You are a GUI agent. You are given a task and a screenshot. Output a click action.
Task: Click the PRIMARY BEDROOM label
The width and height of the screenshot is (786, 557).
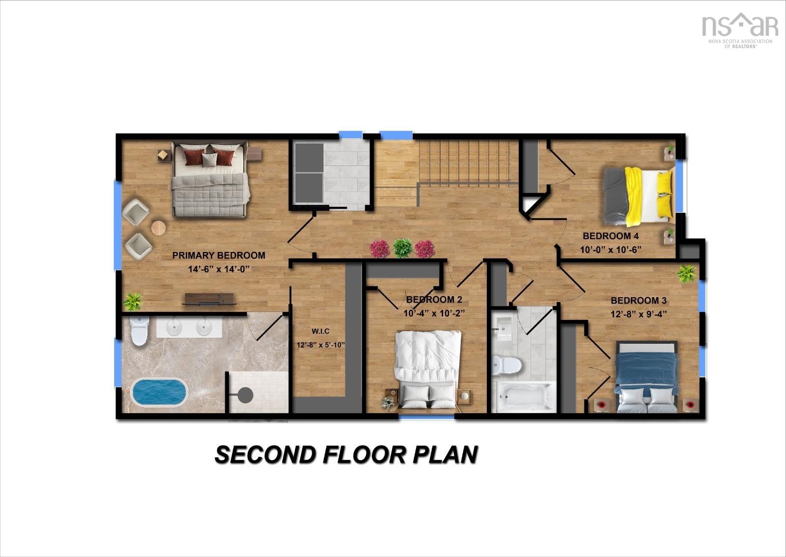pyautogui.click(x=219, y=255)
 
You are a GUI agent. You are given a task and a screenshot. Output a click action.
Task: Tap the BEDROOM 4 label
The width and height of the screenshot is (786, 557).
pyautogui.click(x=611, y=236)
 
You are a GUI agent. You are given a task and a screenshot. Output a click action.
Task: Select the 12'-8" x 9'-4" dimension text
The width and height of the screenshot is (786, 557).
pyautogui.click(x=639, y=314)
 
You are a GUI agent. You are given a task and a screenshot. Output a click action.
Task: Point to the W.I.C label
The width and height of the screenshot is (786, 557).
pyautogui.click(x=320, y=331)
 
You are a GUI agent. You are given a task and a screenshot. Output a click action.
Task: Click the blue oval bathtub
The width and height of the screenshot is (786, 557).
pyautogui.click(x=159, y=392)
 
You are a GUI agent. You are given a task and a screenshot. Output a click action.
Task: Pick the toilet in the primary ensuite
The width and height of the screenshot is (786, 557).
pyautogui.click(x=140, y=331)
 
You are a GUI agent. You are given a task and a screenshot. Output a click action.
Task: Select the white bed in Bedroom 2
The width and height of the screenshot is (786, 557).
pyautogui.click(x=428, y=370)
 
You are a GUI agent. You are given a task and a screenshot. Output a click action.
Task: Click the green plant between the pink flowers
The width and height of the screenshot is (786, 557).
pyautogui.click(x=402, y=248)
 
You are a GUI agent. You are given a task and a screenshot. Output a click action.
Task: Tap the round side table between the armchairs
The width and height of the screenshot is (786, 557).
pyautogui.click(x=158, y=228)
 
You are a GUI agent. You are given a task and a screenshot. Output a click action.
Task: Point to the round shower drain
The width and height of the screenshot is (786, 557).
pyautogui.click(x=246, y=395)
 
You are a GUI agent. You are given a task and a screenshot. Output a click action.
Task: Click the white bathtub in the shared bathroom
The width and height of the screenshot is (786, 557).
pyautogui.click(x=524, y=397)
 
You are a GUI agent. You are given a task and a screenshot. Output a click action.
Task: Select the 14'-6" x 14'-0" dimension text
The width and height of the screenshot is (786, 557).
pyautogui.click(x=219, y=269)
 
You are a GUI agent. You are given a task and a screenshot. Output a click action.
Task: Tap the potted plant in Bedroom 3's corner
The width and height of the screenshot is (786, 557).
pyautogui.click(x=686, y=274)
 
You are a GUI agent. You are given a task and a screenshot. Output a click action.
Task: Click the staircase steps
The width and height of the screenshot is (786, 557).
pyautogui.click(x=469, y=161)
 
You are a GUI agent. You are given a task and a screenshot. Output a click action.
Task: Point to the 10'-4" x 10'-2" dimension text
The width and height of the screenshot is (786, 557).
pyautogui.click(x=434, y=313)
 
